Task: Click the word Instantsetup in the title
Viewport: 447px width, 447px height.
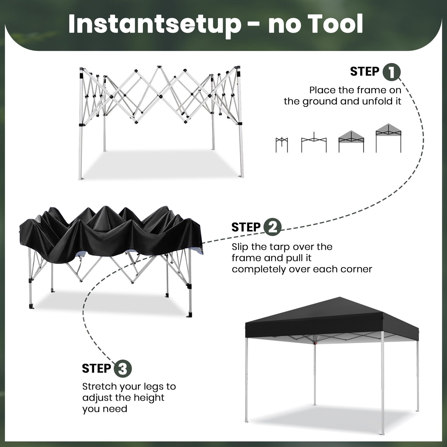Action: [x=154, y=25]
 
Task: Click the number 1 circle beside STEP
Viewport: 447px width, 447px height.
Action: [x=391, y=72]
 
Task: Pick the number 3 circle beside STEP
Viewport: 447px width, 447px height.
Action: [x=122, y=368]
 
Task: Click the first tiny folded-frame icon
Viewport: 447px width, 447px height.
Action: [x=282, y=145]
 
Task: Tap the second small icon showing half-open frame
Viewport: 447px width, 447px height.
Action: [x=314, y=142]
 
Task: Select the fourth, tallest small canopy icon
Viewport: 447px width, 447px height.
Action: [x=388, y=138]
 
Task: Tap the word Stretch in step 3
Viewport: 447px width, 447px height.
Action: [x=99, y=386]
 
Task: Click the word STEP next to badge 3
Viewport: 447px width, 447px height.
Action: [x=96, y=368]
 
